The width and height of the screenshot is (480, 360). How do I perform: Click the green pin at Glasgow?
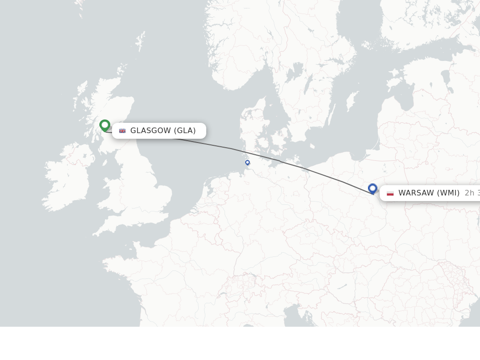[x=105, y=125]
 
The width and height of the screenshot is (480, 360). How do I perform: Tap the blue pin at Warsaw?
[x=373, y=188]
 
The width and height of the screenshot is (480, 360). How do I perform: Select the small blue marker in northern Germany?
[x=247, y=163]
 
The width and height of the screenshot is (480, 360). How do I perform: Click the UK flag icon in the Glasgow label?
[x=122, y=131]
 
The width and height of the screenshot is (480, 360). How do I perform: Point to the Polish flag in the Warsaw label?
[x=390, y=193]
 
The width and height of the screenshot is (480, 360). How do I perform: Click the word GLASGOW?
[x=150, y=131]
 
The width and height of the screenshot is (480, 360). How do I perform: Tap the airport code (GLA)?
[x=185, y=131]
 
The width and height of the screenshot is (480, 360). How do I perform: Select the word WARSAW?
[x=416, y=193]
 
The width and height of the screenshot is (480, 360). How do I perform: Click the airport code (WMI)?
[x=448, y=193]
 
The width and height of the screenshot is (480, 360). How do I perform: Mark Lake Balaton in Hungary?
[x=342, y=286]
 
